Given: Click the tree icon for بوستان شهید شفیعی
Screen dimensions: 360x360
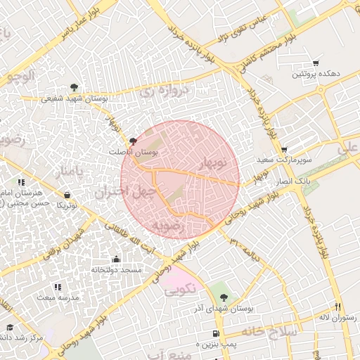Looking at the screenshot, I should click(x=75, y=88).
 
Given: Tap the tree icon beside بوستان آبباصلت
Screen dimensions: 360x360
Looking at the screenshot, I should click(x=133, y=141).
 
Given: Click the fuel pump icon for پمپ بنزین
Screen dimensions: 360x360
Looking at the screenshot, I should click(x=215, y=333).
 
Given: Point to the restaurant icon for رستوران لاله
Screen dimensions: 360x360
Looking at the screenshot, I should click(x=337, y=307).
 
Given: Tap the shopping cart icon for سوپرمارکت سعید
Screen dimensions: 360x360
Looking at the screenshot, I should click(x=283, y=150).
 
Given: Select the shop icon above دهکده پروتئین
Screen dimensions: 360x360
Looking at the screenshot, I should click(x=316, y=63).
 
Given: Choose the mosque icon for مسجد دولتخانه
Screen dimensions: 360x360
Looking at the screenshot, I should click(x=116, y=259).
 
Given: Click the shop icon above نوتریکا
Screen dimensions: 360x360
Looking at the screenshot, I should click(x=67, y=195).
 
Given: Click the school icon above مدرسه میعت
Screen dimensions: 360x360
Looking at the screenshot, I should click(x=58, y=287).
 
